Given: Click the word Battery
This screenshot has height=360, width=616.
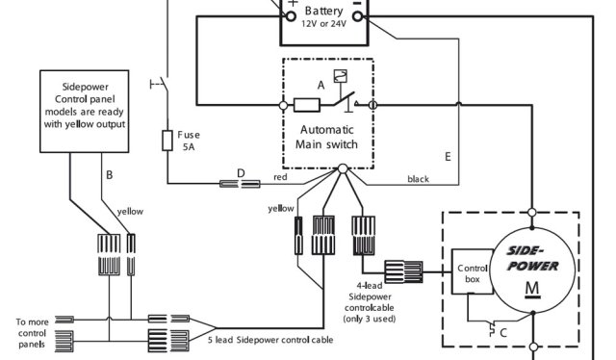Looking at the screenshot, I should [x=324, y=12].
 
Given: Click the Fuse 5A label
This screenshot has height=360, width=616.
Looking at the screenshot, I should [x=189, y=141].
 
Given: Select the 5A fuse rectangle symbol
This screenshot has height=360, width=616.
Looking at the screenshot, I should [x=167, y=142].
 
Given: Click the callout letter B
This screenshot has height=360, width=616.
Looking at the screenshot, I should [x=111, y=174].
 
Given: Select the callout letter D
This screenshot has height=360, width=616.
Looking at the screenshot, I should [x=242, y=172].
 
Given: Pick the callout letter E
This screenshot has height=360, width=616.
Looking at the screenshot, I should [x=447, y=155].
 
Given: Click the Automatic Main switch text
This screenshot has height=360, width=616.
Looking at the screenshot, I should [x=328, y=137].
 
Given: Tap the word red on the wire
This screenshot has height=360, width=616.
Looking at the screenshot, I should [x=281, y=178].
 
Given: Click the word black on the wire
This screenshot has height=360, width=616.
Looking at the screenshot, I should [x=418, y=178].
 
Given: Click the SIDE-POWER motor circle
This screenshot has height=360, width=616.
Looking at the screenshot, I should [x=531, y=272].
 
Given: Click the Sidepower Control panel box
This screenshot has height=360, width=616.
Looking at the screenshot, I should [x=88, y=111].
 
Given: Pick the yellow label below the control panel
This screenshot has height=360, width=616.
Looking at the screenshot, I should [x=130, y=211].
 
